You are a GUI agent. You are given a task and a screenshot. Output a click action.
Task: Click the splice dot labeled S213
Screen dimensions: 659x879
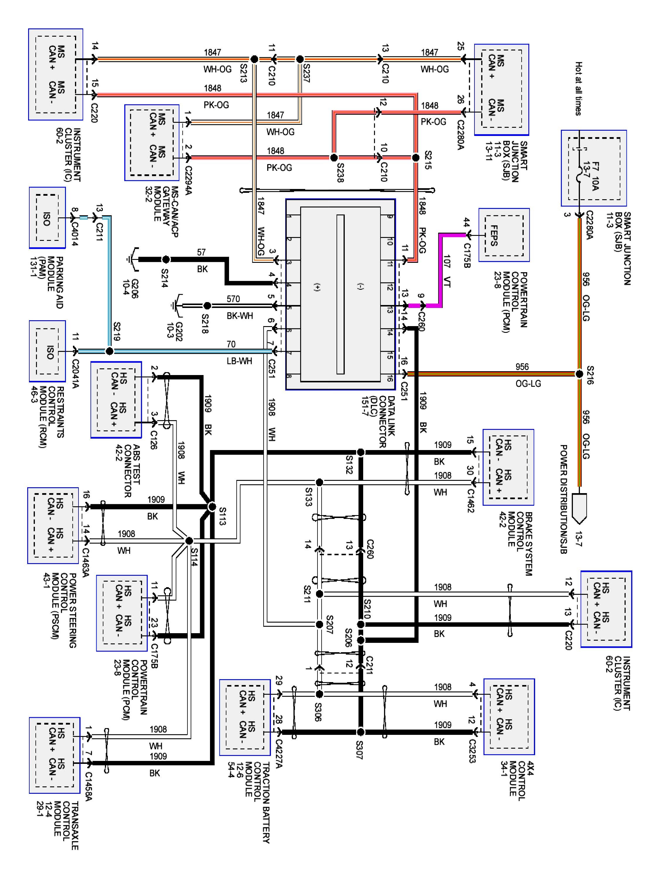(x=254, y=59)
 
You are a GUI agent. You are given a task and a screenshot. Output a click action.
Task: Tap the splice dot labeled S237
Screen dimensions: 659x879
(x=300, y=59)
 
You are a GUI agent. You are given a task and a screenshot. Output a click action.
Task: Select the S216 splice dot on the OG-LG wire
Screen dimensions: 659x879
(x=579, y=374)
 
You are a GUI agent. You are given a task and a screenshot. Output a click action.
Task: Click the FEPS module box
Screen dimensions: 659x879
(x=504, y=235)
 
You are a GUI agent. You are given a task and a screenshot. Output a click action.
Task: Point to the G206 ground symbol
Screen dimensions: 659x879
(x=134, y=260)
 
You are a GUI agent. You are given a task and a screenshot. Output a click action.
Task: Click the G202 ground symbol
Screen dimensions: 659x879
(x=176, y=306)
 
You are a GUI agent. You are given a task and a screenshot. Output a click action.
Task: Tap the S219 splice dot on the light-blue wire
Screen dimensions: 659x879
(x=109, y=351)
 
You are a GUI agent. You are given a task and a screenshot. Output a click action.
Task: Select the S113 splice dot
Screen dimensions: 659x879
(x=212, y=507)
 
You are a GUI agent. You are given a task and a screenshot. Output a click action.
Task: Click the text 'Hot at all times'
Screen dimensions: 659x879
(x=578, y=88)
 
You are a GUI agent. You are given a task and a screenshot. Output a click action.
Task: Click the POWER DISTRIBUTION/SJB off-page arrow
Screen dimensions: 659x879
(x=579, y=509)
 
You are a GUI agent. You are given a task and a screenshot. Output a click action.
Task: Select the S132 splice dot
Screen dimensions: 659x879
(x=360, y=452)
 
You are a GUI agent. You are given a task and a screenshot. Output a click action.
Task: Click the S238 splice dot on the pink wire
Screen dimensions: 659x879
(x=334, y=158)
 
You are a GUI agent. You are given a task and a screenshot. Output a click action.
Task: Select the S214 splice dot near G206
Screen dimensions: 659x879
(x=166, y=260)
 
